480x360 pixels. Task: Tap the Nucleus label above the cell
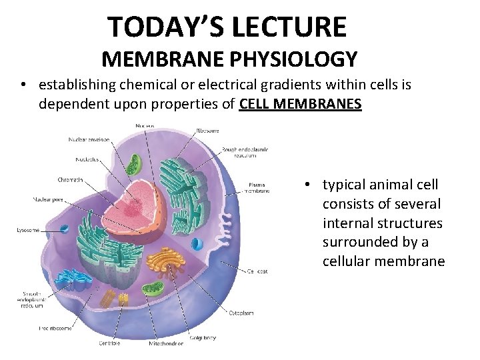pos(145,125)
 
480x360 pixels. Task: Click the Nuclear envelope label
pos(89,139)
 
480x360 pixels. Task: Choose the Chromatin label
pos(69,179)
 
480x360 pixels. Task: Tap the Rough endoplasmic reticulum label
pos(245,152)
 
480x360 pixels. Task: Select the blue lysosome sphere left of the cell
pos(64,229)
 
